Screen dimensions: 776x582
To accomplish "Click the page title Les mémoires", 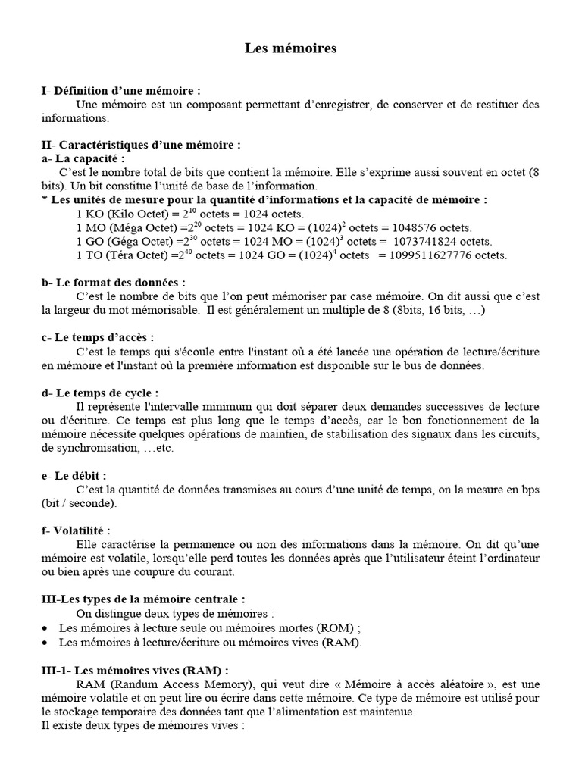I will click(290, 48).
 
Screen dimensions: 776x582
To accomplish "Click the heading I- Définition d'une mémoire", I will click(121, 90).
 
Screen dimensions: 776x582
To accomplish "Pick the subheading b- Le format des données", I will click(114, 283).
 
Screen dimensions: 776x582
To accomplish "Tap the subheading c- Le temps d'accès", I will click(98, 337).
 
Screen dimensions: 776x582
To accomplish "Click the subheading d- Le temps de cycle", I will click(100, 393).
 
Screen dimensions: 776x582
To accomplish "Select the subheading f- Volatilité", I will click(79, 530).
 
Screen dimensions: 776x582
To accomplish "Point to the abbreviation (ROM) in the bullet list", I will click(333, 628).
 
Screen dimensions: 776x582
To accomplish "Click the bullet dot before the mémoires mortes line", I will click(45, 629).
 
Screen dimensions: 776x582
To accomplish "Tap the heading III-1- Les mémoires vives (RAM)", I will click(135, 670).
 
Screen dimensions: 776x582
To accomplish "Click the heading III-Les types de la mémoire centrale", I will click(143, 599).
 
